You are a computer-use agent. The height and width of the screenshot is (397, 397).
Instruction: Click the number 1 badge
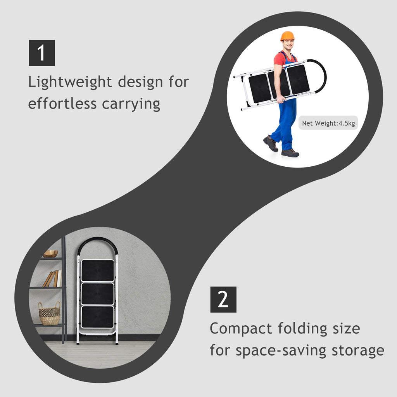pos(42,53)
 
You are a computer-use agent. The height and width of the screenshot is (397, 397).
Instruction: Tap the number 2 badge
pos(223,300)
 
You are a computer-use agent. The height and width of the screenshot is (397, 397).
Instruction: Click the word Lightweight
pos(70,82)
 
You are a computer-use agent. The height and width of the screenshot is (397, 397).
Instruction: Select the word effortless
pos(62,103)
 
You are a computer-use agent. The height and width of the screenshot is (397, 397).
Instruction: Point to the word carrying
pos(131,104)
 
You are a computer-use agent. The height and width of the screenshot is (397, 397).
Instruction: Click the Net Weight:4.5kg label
pos(328,123)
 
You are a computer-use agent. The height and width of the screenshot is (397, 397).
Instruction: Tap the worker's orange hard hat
pos(287,36)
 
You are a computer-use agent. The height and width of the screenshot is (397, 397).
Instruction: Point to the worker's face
pos(288,45)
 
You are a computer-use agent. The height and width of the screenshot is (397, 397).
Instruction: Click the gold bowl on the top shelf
pos(50,254)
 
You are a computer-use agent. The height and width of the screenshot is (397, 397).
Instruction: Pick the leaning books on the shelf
pos(52,278)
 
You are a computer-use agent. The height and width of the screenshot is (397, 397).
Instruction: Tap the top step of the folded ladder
pos(97,270)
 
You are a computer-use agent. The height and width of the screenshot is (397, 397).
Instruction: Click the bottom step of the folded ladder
pos(97,317)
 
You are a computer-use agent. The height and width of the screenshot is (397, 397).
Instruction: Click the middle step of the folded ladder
pos(97,294)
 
